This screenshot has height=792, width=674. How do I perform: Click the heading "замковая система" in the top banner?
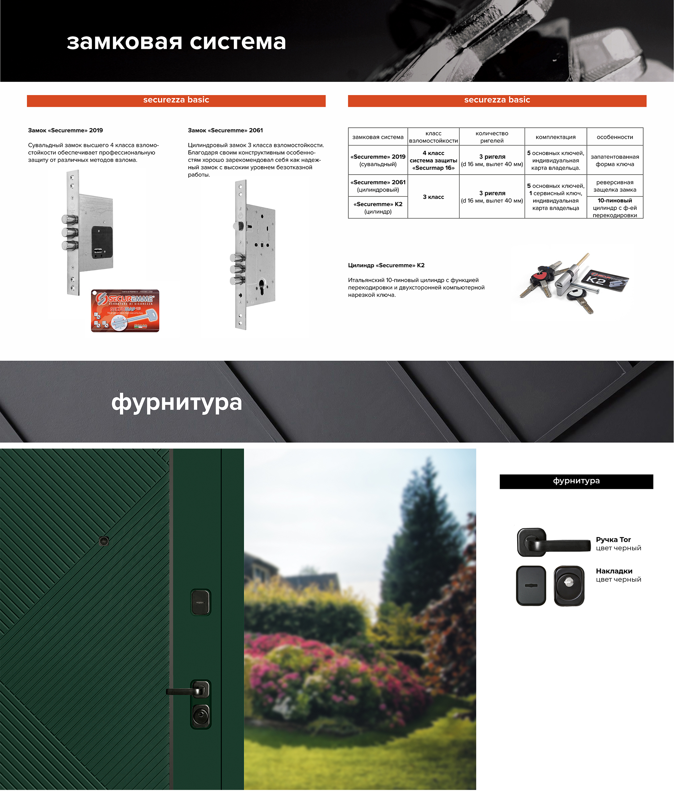point(176,42)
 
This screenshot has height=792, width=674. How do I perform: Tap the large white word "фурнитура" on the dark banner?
point(177,403)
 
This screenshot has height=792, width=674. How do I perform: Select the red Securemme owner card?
point(125,311)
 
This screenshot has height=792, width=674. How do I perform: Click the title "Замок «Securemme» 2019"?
point(65,130)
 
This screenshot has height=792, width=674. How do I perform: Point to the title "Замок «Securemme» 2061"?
point(225,130)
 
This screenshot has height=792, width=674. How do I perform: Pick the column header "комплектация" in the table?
point(556,137)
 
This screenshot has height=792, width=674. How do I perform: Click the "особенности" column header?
point(615,137)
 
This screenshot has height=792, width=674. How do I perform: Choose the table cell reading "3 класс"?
point(433,197)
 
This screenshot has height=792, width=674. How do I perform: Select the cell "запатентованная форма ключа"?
point(615,160)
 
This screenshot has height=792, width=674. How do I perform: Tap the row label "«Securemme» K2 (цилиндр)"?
point(378,208)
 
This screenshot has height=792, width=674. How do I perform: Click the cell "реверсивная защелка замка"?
point(615,186)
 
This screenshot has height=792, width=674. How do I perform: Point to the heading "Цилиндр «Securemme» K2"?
point(386,265)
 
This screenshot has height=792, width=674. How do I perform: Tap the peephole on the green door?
point(104,541)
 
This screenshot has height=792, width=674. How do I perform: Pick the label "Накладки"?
point(614,571)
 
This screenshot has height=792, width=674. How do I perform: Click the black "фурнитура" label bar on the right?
point(576,481)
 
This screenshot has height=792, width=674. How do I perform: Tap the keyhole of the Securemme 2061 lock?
point(262,285)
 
